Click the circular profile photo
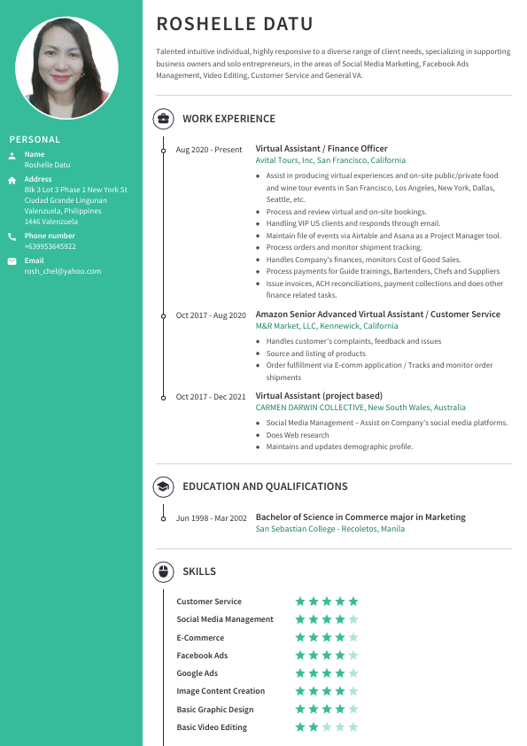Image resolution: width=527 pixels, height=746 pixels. coord(71,69)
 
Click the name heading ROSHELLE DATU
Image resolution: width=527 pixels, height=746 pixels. coord(234,24)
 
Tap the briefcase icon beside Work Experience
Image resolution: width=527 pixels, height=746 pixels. coord(163,119)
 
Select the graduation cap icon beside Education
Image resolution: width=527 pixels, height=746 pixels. coord(163,486)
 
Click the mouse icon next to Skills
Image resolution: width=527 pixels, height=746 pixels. coord(163,571)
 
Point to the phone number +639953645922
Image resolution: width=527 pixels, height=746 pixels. coord(50,246)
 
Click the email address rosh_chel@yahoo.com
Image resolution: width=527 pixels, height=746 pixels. coord(62,271)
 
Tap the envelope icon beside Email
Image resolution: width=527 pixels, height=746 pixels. coord(12,261)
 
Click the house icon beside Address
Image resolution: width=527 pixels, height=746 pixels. coord(12,180)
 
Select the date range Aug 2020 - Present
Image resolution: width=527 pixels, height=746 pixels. coord(208,150)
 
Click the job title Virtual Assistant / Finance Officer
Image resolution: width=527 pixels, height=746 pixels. coord(322,149)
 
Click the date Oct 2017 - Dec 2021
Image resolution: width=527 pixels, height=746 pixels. coord(210,397)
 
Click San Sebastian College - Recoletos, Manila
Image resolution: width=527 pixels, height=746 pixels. coord(329,529)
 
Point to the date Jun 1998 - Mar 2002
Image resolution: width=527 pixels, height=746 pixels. coord(211,517)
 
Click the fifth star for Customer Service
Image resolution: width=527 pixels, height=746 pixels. coord(353,602)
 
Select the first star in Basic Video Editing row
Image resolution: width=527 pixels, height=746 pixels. coord(300,727)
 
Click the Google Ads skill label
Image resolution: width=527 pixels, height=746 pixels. coord(197,673)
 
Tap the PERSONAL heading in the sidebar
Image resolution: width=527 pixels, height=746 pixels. coord(35,139)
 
